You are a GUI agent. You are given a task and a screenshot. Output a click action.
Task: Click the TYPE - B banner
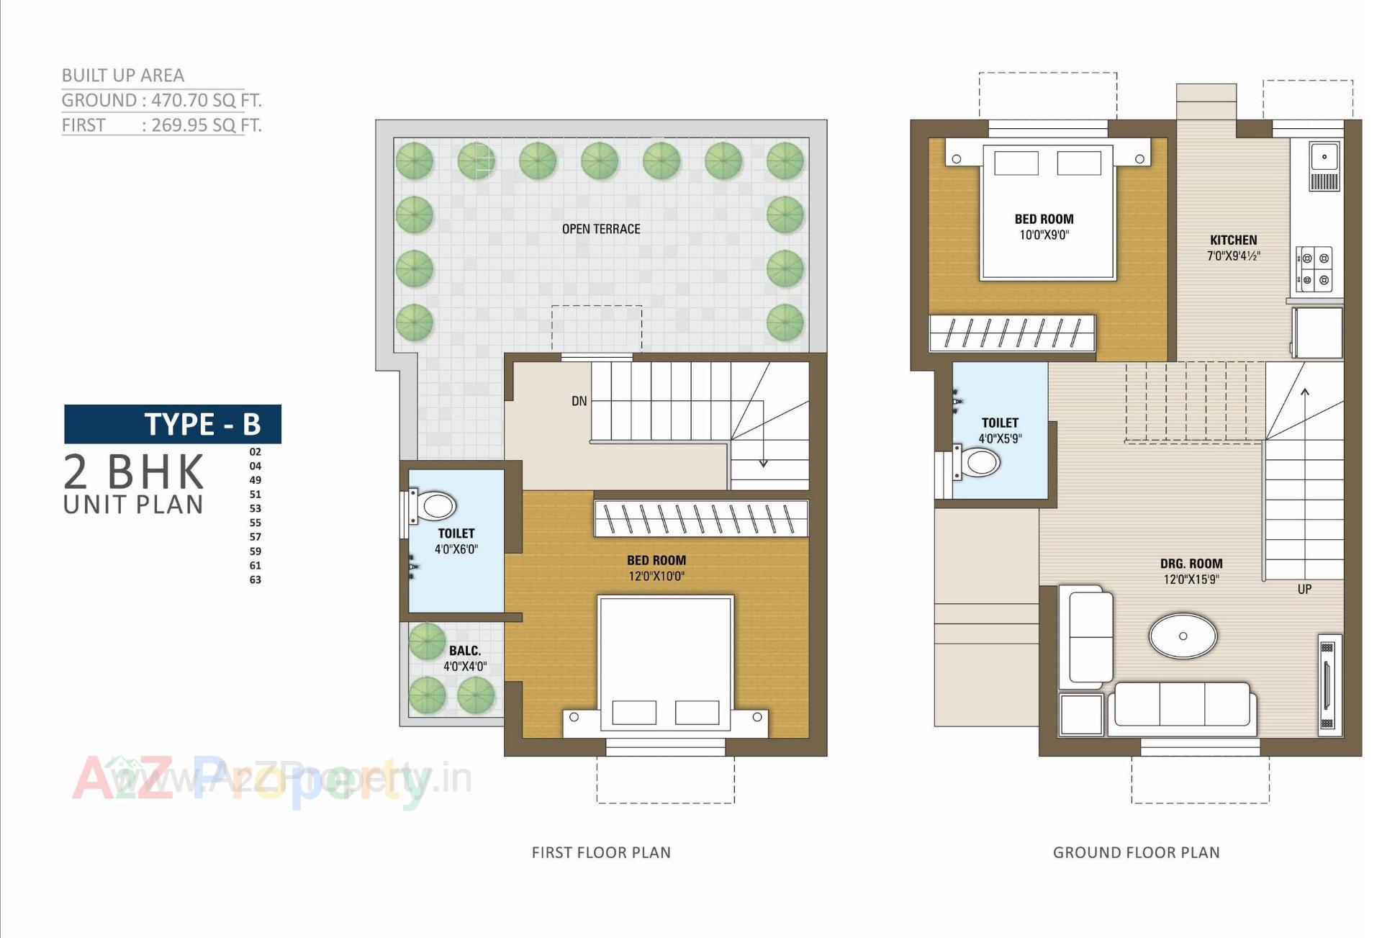(x=173, y=424)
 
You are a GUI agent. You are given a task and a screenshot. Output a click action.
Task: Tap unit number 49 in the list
(x=256, y=480)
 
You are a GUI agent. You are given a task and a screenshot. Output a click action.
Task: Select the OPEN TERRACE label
(x=601, y=229)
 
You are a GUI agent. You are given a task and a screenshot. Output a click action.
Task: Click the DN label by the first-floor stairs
(x=579, y=401)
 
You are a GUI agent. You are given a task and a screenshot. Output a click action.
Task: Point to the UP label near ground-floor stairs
(x=1304, y=589)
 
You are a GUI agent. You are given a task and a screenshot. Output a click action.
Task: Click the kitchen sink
(x=1324, y=157)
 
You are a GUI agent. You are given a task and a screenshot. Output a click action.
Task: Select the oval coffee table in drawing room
(x=1183, y=636)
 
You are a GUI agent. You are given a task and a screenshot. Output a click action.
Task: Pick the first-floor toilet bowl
(x=436, y=506)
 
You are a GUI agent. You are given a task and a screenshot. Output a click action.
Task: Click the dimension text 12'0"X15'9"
(x=1191, y=580)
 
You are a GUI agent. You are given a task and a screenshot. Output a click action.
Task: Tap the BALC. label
(x=465, y=651)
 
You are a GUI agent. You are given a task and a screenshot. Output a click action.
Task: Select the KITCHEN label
(x=1233, y=240)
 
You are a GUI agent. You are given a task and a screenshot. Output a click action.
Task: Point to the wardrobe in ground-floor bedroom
(x=1011, y=333)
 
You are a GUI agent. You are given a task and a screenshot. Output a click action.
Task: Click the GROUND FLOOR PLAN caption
(x=1136, y=852)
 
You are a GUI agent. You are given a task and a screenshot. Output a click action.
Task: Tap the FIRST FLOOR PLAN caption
(x=601, y=852)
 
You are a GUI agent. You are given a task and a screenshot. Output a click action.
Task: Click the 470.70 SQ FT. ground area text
(x=206, y=100)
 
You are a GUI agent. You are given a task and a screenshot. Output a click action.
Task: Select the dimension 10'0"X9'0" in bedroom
(x=1044, y=235)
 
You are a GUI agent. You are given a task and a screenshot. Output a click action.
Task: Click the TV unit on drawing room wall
(x=1329, y=685)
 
